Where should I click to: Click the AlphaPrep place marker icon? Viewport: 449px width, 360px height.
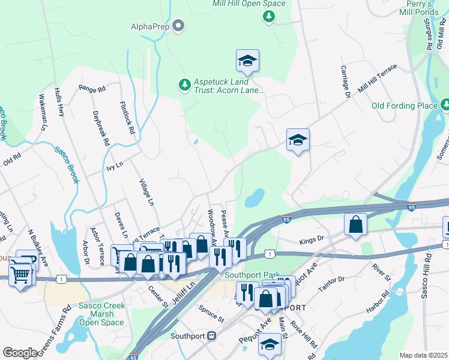point(178,26)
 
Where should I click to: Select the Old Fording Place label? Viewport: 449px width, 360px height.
point(405,106)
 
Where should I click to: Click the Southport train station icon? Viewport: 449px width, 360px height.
point(211,336)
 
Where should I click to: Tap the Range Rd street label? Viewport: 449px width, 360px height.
point(92,88)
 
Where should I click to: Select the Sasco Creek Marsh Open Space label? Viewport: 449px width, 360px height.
point(102,314)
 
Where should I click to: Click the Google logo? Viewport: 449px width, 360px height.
point(20,352)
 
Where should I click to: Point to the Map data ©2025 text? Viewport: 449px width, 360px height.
point(424,355)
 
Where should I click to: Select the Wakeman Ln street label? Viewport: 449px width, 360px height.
point(43,112)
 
